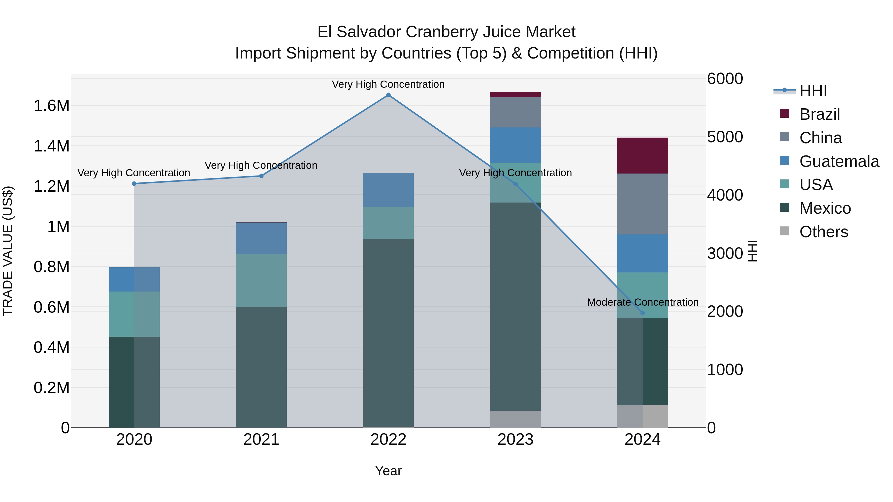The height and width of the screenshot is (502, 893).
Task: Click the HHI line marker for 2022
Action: coord(388,95)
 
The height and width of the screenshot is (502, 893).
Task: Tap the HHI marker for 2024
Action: coord(642,313)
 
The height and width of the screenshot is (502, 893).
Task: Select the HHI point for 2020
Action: coord(134,184)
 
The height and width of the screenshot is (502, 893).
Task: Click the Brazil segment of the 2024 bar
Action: coord(642,155)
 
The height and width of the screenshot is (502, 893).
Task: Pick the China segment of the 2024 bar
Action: coord(642,204)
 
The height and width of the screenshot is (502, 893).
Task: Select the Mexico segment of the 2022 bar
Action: coord(388,333)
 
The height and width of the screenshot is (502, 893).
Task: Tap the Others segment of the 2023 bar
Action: coord(515,419)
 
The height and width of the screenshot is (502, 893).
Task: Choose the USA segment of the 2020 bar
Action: coord(134,314)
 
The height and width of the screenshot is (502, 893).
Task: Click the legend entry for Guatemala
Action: coord(839,161)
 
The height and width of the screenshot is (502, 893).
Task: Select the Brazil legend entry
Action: coord(820,114)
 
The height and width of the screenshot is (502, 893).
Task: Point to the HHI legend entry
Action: coord(813,91)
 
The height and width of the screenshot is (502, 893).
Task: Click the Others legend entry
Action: coord(823,232)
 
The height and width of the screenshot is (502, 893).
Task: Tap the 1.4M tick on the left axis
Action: coord(51,146)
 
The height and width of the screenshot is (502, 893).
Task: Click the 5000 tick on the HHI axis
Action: coord(725,137)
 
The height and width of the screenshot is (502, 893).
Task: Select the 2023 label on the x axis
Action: coord(515,440)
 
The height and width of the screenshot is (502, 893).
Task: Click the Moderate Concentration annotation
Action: coord(642,302)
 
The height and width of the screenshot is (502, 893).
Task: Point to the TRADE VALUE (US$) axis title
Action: coord(8,251)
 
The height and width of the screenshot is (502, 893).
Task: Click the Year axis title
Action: coord(388,471)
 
